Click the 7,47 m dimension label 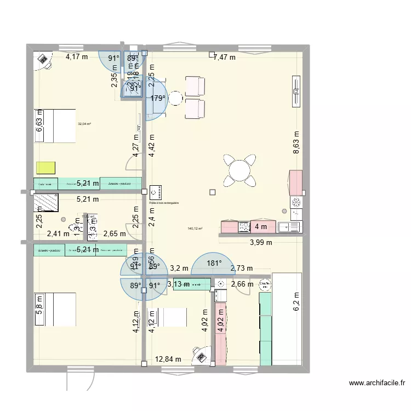pos(224,57)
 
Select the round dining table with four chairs pos(239,169)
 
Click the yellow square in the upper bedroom pos(47,168)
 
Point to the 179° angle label pos(158,99)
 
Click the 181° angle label pos(214,263)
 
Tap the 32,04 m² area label pos(84,124)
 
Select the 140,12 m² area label pos(195,229)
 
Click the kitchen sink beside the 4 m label pos(289,226)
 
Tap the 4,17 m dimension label pos(77,57)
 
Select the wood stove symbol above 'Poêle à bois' pos(155,192)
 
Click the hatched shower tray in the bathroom pos(45,203)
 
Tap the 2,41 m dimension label pos(58,233)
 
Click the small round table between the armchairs pos(175,98)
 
